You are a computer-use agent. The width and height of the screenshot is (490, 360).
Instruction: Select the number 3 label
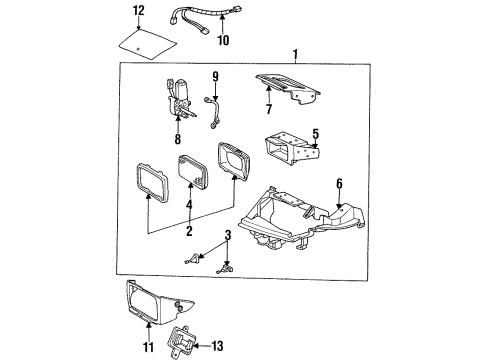coord(228,235)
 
